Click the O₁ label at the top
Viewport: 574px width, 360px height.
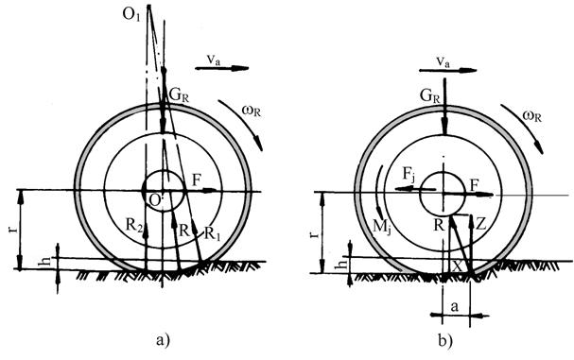point(131,16)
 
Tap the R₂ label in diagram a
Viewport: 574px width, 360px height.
point(133,225)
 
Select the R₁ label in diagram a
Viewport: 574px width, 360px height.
point(213,232)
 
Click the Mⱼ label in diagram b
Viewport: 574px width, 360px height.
point(381,228)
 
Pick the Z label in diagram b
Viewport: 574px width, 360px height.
point(480,224)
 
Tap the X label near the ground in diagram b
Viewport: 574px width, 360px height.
point(457,266)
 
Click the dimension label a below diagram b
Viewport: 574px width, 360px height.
point(455,306)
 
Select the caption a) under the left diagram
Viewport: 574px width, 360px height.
point(163,340)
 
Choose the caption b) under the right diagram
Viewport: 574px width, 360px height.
point(445,340)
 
